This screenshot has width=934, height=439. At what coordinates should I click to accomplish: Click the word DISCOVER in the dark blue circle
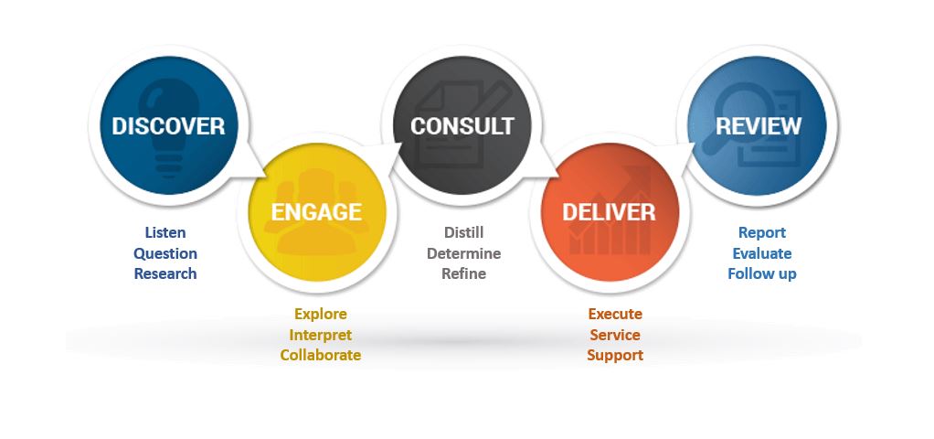pos(168,126)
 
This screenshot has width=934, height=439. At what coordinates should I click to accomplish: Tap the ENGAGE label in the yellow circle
pos(316,212)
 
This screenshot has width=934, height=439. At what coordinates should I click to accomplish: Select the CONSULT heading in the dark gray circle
pos(462,126)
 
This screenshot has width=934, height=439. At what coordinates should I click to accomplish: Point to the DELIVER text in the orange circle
pos(609,212)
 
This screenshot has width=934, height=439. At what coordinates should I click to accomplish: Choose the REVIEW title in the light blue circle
pos(759,126)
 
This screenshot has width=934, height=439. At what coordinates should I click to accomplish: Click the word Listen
pos(165,232)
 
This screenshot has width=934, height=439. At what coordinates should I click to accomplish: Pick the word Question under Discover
pos(165,253)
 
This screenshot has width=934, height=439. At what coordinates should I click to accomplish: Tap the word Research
pos(165,273)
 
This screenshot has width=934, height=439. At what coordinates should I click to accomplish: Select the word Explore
pos(321,314)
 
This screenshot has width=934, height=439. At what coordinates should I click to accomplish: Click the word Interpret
pos(321,335)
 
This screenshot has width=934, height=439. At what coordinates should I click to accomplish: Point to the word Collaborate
pos(321,355)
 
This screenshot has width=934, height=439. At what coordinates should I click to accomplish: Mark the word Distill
pos(464,232)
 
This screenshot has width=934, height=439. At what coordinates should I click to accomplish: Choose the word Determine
pos(464,253)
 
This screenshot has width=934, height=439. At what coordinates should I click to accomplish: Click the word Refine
pos(464,273)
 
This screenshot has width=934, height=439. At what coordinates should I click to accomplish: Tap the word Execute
pos(615,314)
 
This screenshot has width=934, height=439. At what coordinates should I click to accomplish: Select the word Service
pos(615,335)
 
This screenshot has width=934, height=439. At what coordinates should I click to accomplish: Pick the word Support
pos(615,356)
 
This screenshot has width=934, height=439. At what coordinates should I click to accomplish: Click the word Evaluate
pos(762,253)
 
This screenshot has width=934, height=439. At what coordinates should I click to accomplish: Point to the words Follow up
pos(762,274)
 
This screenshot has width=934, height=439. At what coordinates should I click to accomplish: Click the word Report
pos(762,232)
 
